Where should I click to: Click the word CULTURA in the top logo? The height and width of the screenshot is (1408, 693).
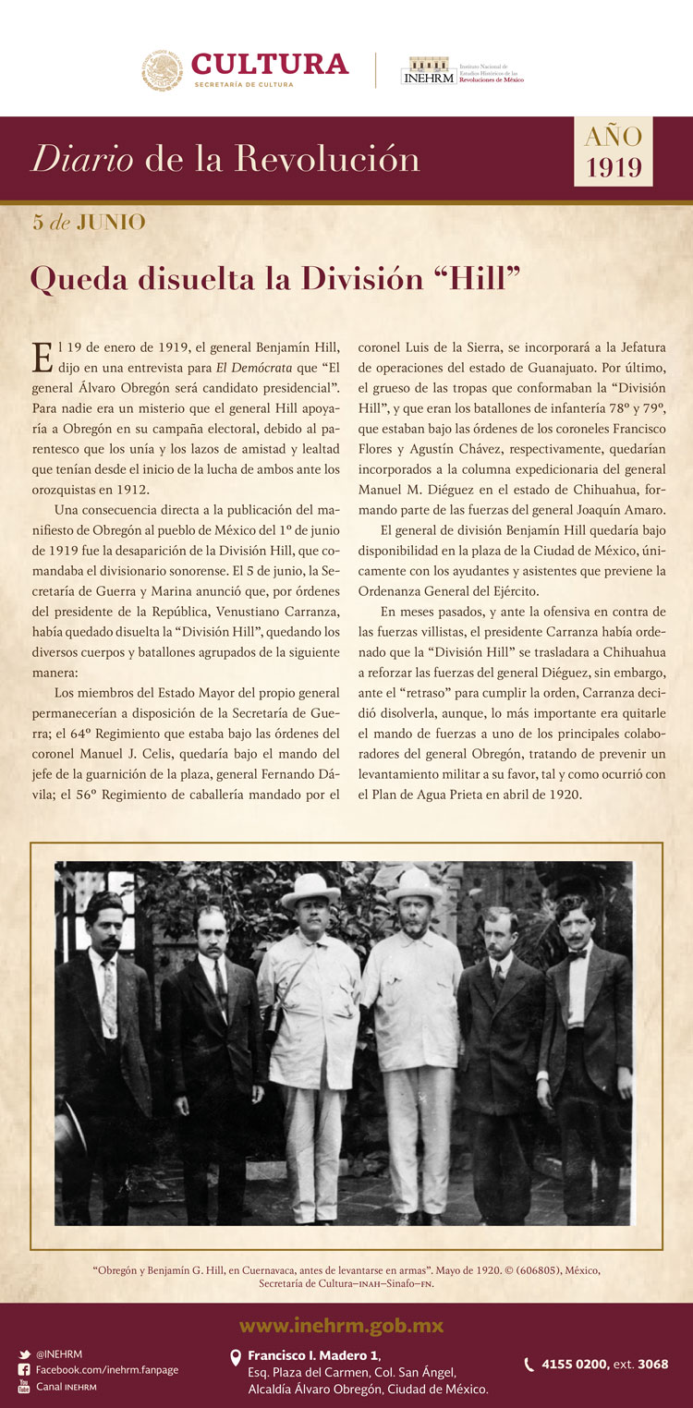tap(270, 64)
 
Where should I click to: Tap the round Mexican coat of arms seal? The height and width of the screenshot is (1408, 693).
tap(163, 71)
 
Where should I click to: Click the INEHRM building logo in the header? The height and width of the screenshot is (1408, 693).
tap(428, 71)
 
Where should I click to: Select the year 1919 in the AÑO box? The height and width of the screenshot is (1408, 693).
tap(614, 167)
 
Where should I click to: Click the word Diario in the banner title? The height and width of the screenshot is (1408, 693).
tap(79, 160)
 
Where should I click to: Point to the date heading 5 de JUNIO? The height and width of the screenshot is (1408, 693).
tap(90, 222)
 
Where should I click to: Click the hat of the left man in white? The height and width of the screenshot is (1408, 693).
tap(310, 890)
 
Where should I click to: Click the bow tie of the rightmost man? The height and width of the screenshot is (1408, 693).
tap(577, 953)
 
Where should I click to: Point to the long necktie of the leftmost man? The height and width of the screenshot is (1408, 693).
tap(110, 998)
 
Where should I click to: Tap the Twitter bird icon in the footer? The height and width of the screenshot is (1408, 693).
tap(24, 1354)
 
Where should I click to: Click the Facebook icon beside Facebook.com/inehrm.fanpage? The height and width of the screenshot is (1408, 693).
tap(24, 1370)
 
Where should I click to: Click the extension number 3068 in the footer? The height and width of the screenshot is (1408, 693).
tap(652, 1364)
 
